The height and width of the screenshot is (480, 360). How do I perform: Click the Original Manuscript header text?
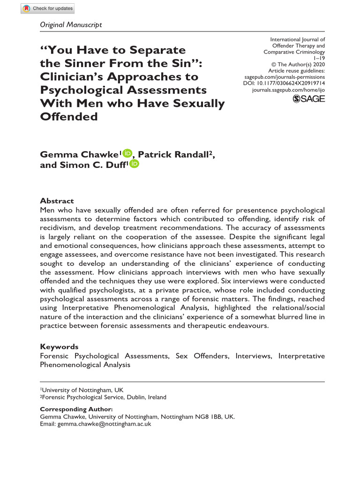(x=71, y=24)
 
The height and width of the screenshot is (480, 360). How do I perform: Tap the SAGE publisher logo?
(x=308, y=98)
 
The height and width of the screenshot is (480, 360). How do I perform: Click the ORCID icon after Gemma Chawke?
(x=127, y=153)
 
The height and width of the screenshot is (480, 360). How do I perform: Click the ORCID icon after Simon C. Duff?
(x=135, y=164)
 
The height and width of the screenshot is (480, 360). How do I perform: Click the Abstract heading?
(x=57, y=201)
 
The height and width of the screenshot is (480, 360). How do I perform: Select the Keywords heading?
(x=59, y=346)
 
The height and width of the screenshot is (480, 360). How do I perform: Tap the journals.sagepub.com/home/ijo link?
(x=288, y=90)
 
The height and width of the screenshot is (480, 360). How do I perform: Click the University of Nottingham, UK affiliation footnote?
(x=82, y=390)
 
